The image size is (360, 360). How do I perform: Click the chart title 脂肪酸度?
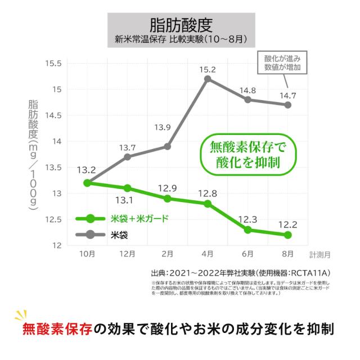(181, 25)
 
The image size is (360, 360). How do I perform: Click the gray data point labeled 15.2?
(208, 79)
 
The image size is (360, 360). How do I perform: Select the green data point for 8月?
(288, 235)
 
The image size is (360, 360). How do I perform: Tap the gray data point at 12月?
(127, 157)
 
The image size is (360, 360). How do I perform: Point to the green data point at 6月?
(248, 229)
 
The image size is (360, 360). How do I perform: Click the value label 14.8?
(247, 90)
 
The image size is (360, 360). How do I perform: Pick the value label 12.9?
(168, 188)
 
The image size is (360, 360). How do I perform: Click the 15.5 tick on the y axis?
(52, 63)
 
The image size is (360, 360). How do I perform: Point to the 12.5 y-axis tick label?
(52, 219)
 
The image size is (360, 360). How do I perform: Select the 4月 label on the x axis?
(208, 254)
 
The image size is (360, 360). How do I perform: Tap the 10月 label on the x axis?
(87, 254)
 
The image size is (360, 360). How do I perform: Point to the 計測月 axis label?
(319, 254)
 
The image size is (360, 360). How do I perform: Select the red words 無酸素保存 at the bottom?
(57, 329)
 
